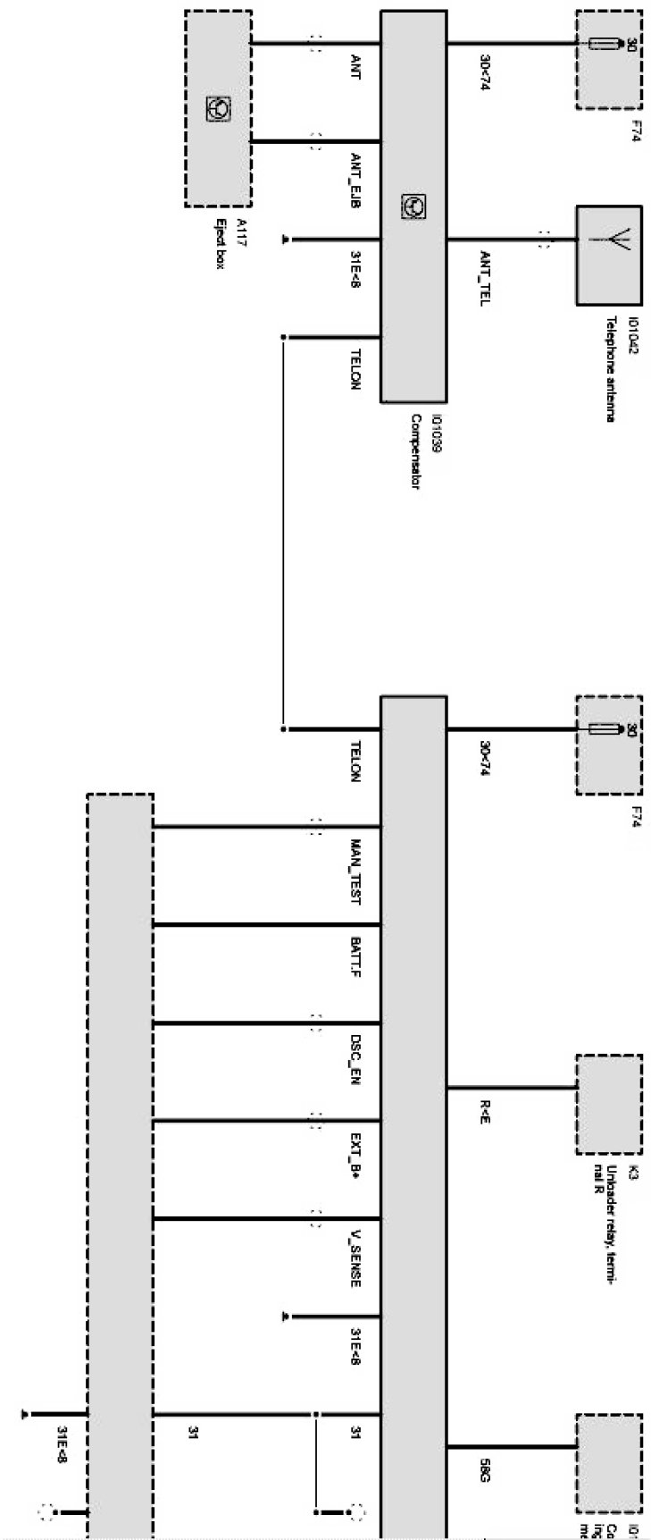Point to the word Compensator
pos(416,452)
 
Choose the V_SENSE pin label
pos(355,1258)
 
